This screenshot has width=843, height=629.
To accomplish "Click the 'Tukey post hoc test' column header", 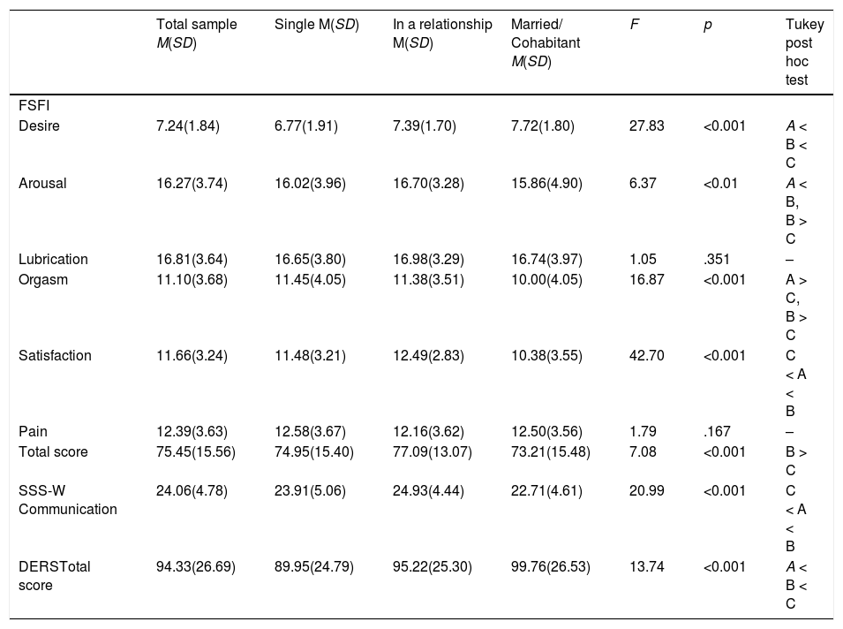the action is pos(804,51).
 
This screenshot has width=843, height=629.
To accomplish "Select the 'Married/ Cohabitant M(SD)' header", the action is pos(546,42).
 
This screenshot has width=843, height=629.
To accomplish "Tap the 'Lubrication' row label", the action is pos(53,260).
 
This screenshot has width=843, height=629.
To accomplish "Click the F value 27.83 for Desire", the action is pos(647,126).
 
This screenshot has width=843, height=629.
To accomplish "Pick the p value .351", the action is pos(716,260).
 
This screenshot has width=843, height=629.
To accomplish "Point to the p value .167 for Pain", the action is pos(717,431).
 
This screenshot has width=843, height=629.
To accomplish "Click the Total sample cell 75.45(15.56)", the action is pos(196,452).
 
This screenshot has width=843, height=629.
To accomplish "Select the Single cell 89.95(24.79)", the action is pos(314,567).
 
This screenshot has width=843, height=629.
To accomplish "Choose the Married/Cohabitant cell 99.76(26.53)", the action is pos(551,567).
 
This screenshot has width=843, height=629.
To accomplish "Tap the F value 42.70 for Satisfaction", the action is pos(647,356).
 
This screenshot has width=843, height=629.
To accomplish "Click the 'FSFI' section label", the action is pos(34,105).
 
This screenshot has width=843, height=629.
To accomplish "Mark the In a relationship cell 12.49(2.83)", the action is pos(428,356).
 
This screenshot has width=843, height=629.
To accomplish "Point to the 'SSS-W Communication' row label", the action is pos(67,500).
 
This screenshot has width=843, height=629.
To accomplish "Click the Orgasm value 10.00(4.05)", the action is pos(546,280).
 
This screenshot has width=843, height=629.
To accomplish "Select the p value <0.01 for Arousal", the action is pos(720,184).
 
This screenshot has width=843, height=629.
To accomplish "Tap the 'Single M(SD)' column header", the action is pos(316,24).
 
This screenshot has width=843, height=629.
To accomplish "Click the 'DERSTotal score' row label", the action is pos(55,576).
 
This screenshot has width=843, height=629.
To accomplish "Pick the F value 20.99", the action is pos(647,490).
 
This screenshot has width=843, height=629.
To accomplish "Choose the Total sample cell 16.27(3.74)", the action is pos(192,184).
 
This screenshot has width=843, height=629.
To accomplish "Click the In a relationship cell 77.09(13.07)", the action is pos(433,452).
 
